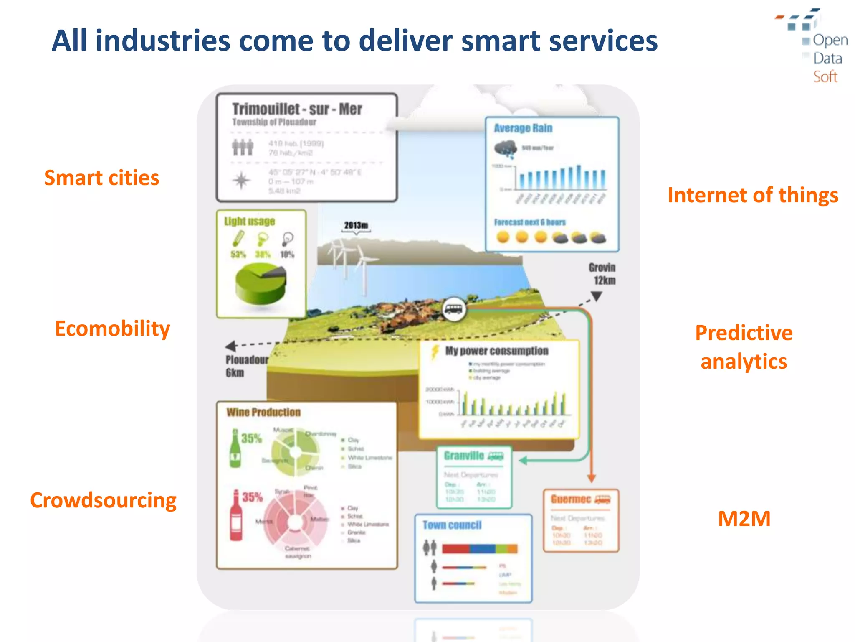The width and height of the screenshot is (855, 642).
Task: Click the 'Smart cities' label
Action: [x=101, y=178]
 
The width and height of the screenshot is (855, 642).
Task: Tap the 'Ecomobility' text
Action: [x=112, y=329]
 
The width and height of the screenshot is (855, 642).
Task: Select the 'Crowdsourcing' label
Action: [x=103, y=500]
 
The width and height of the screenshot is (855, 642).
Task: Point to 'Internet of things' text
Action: [x=753, y=195]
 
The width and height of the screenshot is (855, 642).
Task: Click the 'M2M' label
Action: [x=744, y=519]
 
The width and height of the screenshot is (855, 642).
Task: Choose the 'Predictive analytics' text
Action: [x=744, y=347]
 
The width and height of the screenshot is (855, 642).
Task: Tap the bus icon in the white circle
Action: [x=454, y=309]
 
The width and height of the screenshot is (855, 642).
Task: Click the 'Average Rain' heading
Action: [x=523, y=128]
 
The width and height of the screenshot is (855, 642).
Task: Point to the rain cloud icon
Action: [x=506, y=149]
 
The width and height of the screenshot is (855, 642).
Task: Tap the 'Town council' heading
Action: [x=452, y=525]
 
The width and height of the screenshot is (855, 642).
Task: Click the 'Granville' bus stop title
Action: [x=464, y=456]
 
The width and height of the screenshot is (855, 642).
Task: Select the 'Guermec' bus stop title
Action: [x=571, y=499]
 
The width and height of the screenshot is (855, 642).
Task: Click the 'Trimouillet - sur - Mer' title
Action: [x=297, y=109]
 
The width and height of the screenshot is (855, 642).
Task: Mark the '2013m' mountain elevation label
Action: [x=356, y=225]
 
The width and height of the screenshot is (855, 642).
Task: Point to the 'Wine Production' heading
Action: [x=263, y=413]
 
